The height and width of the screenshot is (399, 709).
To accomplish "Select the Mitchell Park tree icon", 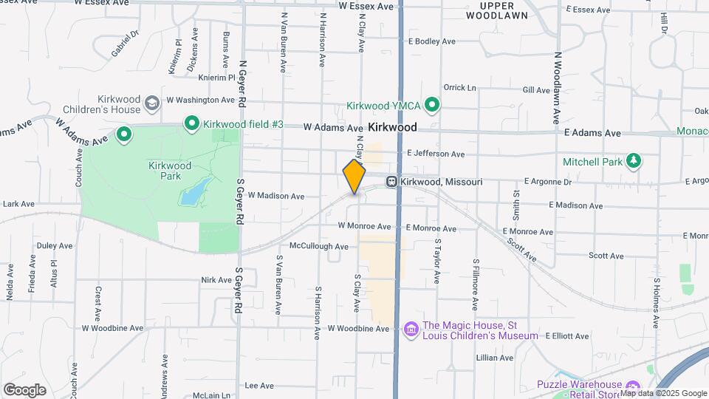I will [x=632, y=160].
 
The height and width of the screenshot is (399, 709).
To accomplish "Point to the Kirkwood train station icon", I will [x=392, y=182].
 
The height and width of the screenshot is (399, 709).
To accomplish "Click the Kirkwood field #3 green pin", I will [x=191, y=123].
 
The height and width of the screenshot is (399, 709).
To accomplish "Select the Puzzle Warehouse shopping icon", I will [x=632, y=386].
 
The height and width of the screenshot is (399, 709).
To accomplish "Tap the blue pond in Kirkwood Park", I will [x=192, y=192].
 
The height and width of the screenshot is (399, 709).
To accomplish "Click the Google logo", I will [x=24, y=389].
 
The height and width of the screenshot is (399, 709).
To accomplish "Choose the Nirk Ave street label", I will [x=216, y=280].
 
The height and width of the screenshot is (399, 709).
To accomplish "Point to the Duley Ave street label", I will [x=55, y=245].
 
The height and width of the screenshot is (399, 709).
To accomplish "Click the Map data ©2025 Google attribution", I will [x=662, y=393].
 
